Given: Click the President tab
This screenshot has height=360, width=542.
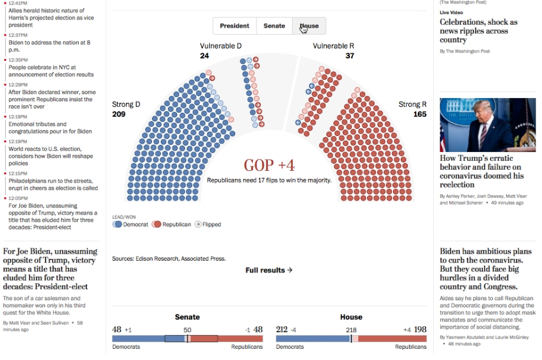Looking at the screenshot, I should pos(235,26).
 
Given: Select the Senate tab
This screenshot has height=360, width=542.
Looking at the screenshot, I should pos(274,26).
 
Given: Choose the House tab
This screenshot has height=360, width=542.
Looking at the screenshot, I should pos(309,26).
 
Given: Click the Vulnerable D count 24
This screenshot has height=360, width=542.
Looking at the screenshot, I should pos(205,56).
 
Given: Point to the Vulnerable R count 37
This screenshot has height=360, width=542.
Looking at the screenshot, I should pos(350,56).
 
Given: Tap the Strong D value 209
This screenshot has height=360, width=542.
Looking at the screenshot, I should pos(119,114).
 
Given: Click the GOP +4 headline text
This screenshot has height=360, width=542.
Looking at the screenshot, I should pos(269,166).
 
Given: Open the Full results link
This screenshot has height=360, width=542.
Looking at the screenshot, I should pos(269,270).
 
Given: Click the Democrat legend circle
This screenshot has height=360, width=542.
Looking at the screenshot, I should pos(118,225).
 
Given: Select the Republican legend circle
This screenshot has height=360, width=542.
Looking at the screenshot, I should pos(157,225).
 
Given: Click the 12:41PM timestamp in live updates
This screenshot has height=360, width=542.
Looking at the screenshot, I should pos(18,3).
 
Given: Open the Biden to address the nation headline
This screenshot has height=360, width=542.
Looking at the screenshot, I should pos(49,47).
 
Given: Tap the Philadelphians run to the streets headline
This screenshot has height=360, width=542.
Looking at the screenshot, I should pos(53,184).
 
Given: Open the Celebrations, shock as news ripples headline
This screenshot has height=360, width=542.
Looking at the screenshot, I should pos(478,31).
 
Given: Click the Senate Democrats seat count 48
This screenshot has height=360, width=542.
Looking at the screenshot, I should pos(116,329).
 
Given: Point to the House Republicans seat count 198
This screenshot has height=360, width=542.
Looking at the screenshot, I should pos(420,329).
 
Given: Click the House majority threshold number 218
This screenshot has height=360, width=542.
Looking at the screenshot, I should pos(351,329).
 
